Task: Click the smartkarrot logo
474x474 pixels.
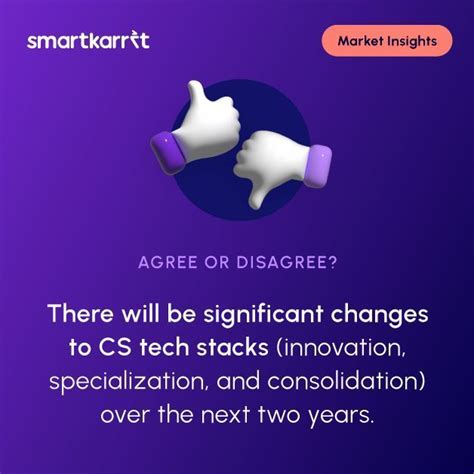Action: coord(88,41)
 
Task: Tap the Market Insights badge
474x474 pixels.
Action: coord(386,41)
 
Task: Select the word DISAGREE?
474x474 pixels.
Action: coord(288,265)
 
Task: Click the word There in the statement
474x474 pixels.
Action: coord(78,315)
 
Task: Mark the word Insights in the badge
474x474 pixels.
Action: coord(411,41)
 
